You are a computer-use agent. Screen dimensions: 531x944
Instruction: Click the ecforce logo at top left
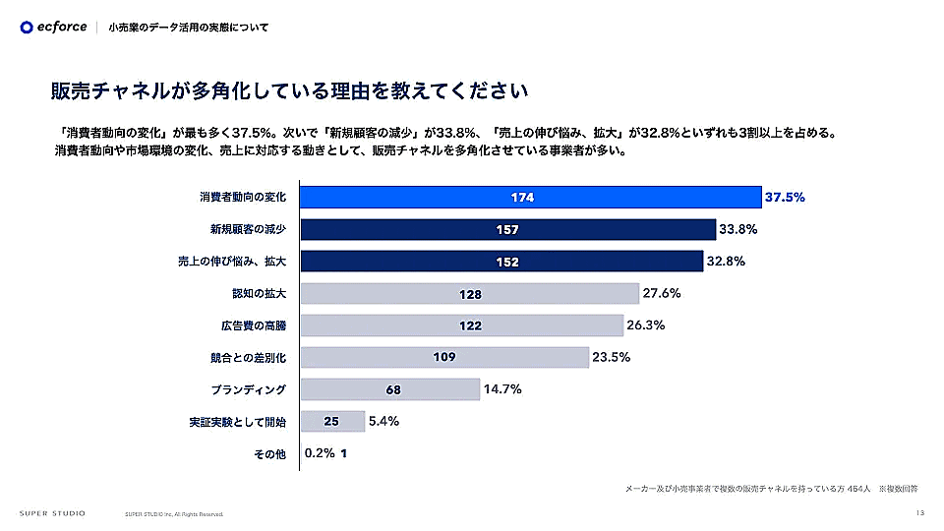tap(53, 27)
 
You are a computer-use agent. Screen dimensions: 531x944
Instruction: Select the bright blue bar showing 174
tap(530, 198)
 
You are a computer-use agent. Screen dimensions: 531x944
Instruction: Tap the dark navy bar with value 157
tap(507, 230)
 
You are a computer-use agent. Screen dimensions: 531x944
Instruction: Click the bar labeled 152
tap(501, 262)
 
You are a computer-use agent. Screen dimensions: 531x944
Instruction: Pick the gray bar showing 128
tap(469, 294)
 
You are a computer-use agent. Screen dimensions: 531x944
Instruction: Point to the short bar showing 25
tap(330, 422)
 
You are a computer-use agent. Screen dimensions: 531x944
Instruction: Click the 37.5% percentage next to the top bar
tap(785, 198)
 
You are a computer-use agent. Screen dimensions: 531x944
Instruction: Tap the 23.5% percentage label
tap(611, 357)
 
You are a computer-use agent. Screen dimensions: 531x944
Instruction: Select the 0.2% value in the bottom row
tap(320, 453)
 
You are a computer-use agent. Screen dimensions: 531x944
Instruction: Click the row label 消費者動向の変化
tap(243, 198)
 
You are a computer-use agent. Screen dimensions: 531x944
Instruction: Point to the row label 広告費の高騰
tap(253, 325)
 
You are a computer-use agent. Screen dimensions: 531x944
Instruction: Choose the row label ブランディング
tap(248, 389)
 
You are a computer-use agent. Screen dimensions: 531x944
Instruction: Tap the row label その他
tap(268, 453)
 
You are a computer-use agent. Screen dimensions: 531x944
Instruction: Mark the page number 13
tap(919, 512)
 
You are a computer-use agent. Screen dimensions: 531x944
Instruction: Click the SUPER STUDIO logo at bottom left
tap(52, 513)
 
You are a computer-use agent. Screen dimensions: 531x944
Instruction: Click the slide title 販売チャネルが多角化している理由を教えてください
tap(291, 91)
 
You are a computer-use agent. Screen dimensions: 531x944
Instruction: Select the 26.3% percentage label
tap(645, 325)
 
